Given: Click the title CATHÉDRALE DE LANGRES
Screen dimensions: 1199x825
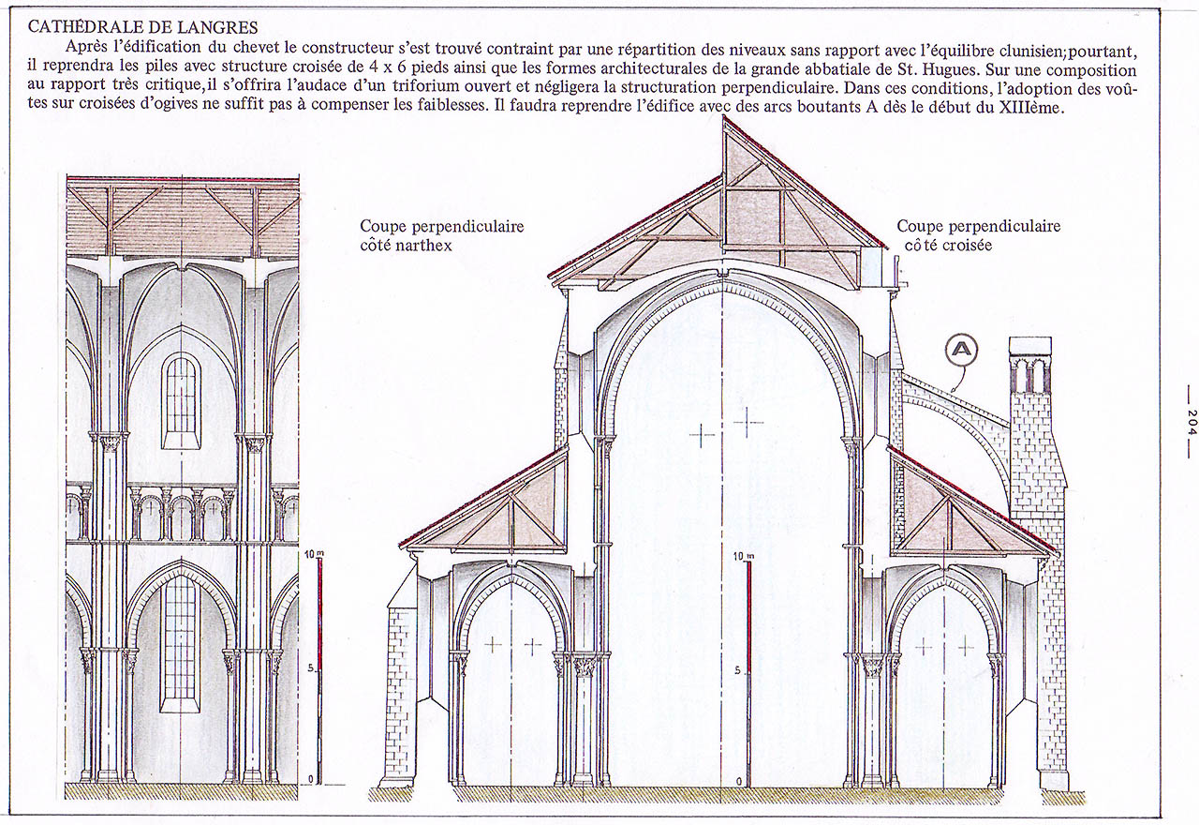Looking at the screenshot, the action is [x=142, y=27].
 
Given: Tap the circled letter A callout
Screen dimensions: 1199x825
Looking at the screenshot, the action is [x=961, y=350].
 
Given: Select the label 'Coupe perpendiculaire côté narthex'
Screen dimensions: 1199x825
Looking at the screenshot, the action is [x=441, y=235].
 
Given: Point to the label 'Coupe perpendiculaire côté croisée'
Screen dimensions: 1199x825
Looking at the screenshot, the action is [x=979, y=235].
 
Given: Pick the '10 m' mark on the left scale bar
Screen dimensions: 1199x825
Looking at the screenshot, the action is [x=314, y=554].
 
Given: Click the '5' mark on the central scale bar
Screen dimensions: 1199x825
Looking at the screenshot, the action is [x=737, y=670].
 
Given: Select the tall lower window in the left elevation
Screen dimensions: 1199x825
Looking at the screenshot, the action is [x=181, y=641].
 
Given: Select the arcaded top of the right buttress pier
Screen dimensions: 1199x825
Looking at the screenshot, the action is [x=1029, y=369].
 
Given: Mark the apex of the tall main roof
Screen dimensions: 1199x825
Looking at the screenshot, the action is [x=724, y=116].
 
